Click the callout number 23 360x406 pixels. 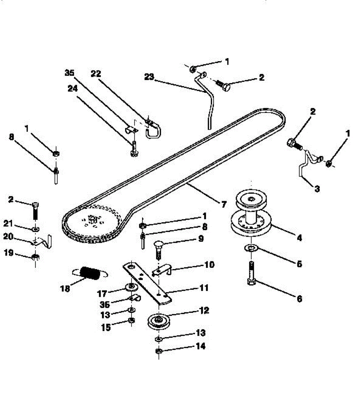coord(149,77)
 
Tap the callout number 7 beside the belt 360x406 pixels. coord(224,204)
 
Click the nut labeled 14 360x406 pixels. coord(158,351)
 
